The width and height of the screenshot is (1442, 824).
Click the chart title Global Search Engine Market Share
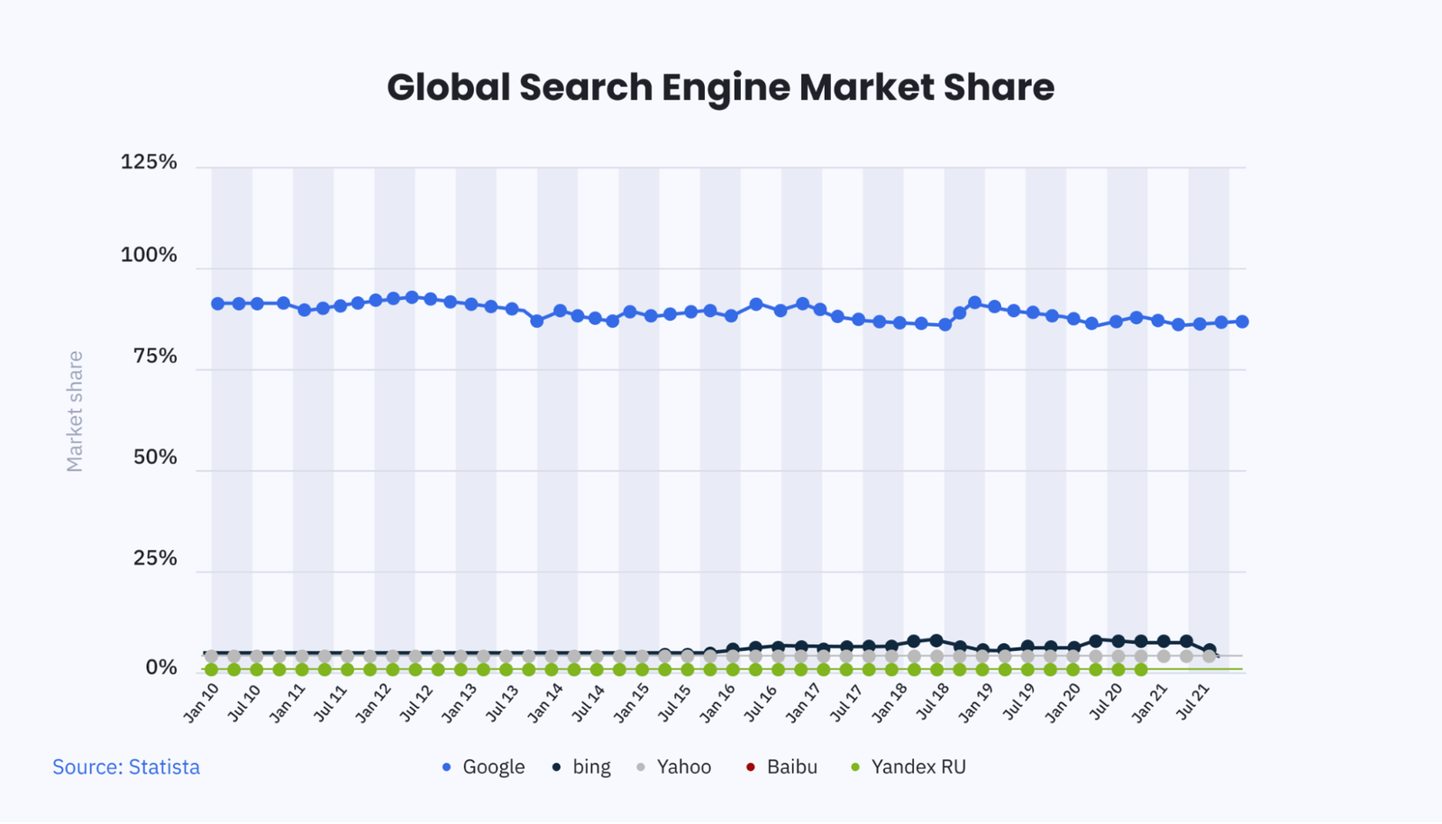coord(720,87)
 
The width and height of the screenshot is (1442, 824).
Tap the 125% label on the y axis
coord(149,162)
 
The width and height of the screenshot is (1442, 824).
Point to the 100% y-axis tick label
coord(149,255)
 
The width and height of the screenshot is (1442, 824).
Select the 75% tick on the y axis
coord(155,356)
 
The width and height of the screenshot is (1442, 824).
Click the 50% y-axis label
coord(155,457)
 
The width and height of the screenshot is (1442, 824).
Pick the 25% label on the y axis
coord(155,558)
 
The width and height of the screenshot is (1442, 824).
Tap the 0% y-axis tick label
coord(161,667)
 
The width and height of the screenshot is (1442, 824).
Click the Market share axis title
coord(75,411)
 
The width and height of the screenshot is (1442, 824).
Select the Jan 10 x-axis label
coord(202,702)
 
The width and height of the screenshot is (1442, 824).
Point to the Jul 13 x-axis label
coord(503,702)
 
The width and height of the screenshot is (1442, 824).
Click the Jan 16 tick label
coord(718,702)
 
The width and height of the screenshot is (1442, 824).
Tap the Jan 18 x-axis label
coord(890,702)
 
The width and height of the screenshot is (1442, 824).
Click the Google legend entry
coord(484,767)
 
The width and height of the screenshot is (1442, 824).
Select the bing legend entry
coord(582,767)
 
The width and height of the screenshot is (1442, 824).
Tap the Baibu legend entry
coord(782,767)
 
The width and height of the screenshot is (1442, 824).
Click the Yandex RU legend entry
coord(908,767)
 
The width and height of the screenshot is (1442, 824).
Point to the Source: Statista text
coord(126,767)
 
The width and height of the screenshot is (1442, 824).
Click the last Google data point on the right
coord(1242,321)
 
